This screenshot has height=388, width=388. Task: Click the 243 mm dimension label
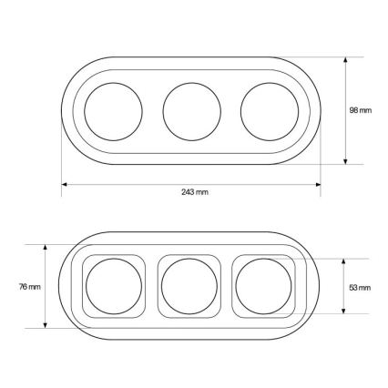point(195,192)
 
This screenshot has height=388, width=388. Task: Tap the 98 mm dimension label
point(361,110)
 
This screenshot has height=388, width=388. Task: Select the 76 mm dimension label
point(30,287)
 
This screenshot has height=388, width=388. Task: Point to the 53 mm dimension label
point(360,288)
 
